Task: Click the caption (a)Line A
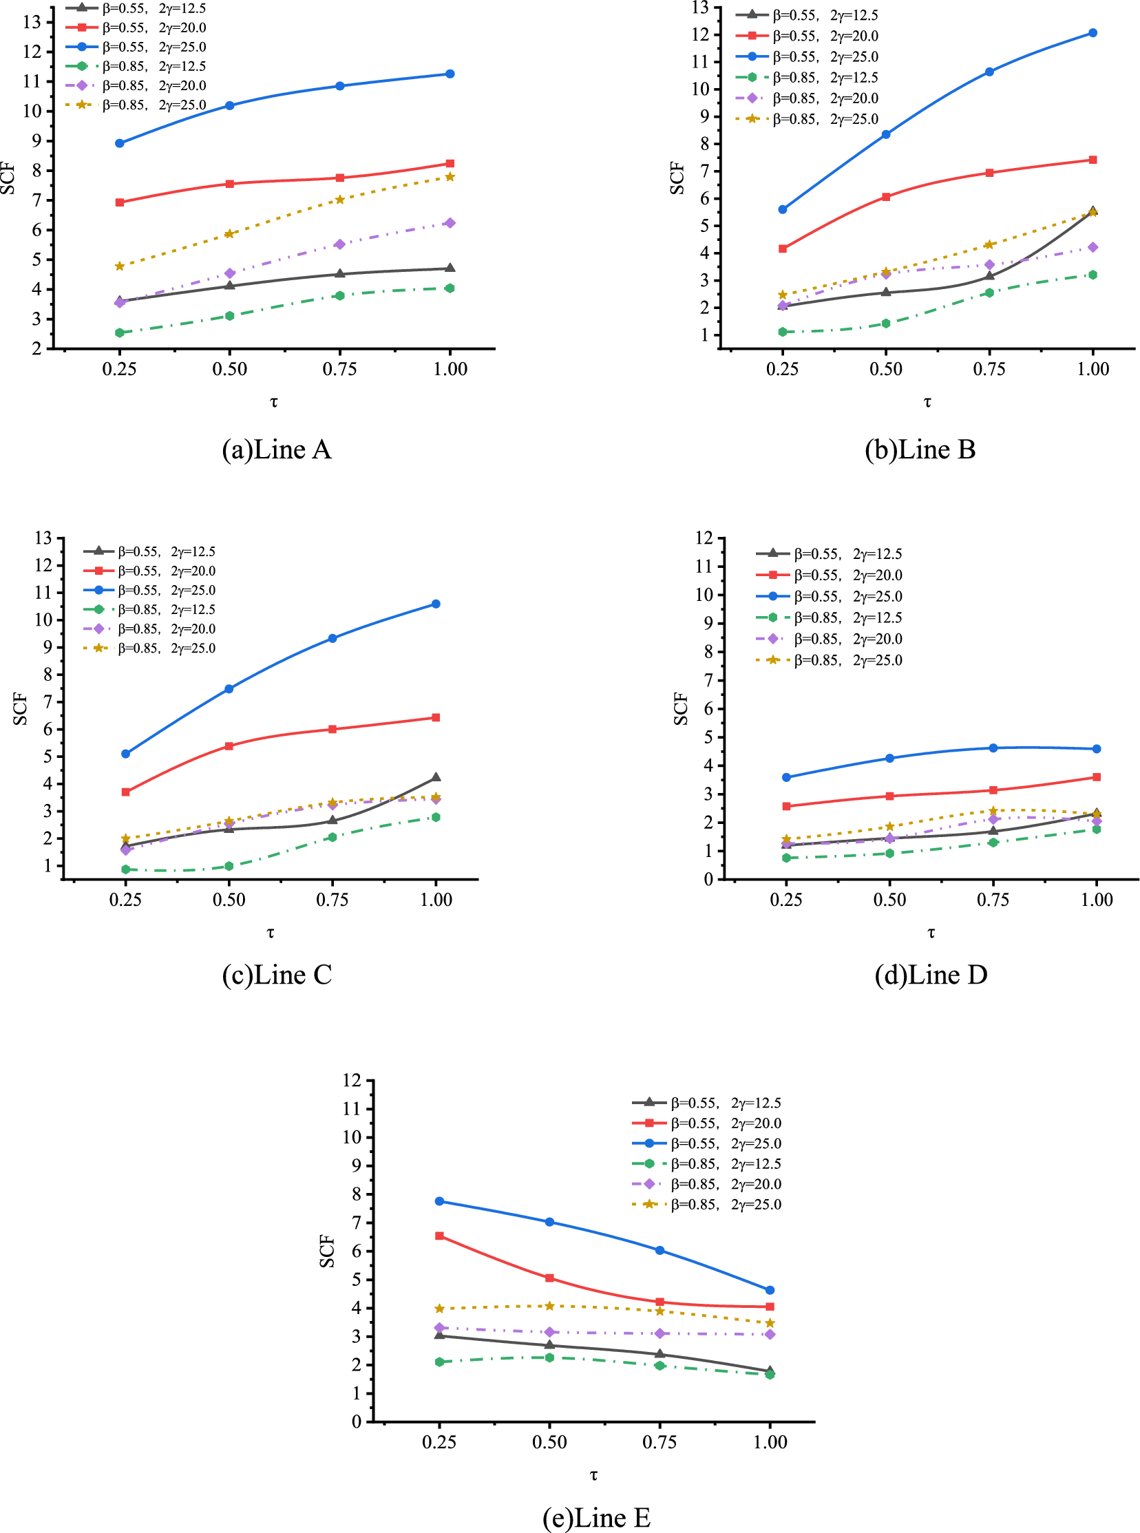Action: coord(276,450)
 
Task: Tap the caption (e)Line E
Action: coord(596,1517)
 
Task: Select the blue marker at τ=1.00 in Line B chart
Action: coord(1092,33)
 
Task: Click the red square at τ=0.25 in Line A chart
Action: coord(120,202)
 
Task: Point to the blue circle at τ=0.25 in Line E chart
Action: coord(440,1201)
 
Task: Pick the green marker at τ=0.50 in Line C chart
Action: coord(229,866)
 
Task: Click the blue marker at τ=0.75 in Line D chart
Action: coord(993,748)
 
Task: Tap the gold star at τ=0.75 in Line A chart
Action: coord(339,200)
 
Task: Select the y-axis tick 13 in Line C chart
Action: coord(43,538)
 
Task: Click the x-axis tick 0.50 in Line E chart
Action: coord(549,1442)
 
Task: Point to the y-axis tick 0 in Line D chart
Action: coord(708,880)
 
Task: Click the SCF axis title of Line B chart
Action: coord(677,178)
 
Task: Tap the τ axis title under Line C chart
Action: coord(271,933)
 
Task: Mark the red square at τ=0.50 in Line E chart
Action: coord(549,1278)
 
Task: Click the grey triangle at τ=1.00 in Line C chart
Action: coord(436,778)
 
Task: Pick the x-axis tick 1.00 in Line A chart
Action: coord(450,369)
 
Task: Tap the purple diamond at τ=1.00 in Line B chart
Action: coord(1092,247)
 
